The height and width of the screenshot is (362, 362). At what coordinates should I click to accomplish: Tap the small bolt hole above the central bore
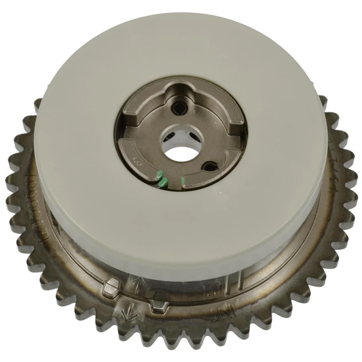coord(179,109)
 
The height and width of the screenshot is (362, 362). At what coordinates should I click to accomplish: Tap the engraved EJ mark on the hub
coord(136,161)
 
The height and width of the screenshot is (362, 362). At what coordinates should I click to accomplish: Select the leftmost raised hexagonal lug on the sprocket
coord(112,288)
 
